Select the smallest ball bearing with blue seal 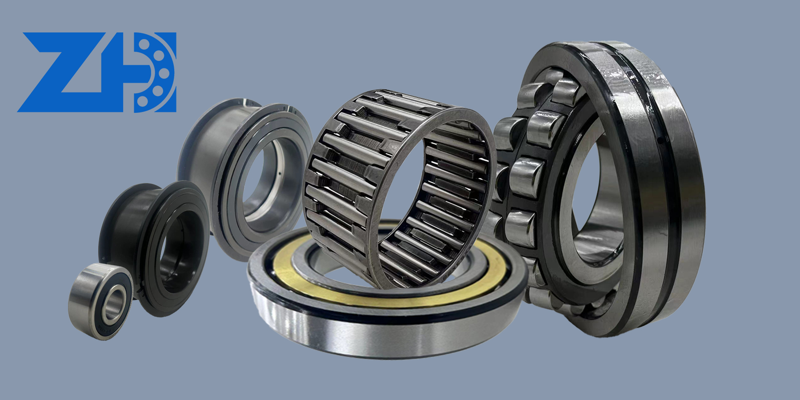(x=101, y=301)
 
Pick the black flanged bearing (x=153, y=249)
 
